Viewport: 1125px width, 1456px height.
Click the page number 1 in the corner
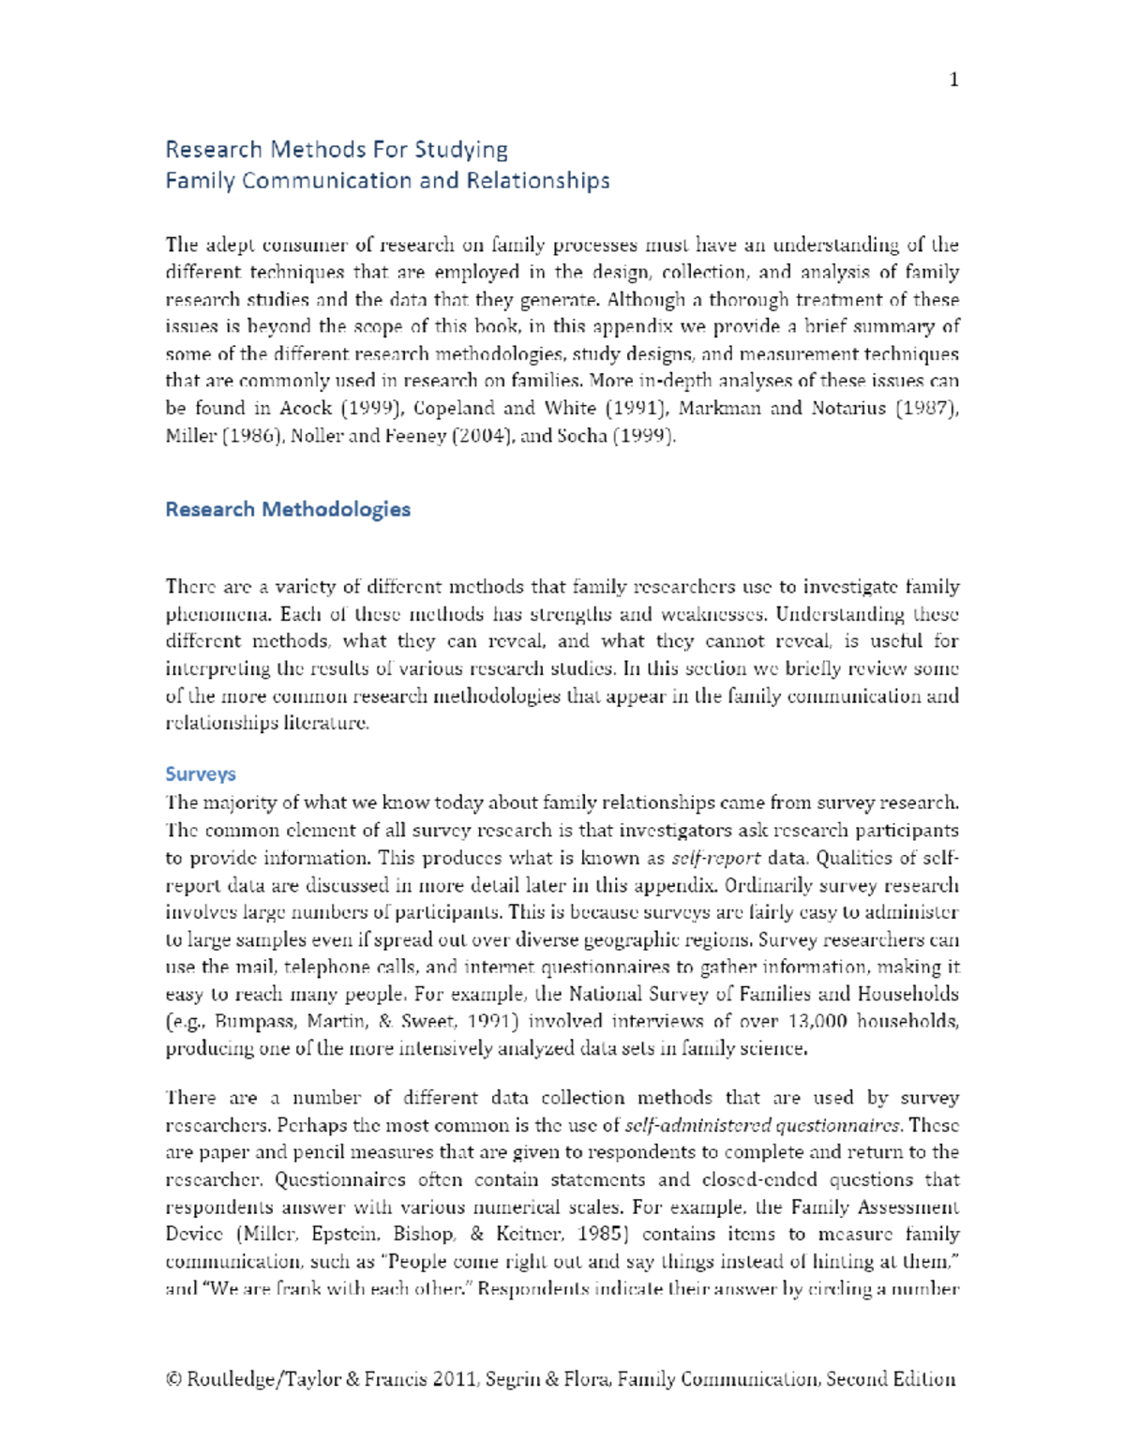coord(953,80)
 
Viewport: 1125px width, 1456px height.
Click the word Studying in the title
coord(461,150)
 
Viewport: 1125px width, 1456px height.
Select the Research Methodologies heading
coord(288,509)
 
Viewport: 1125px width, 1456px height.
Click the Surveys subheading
coord(200,773)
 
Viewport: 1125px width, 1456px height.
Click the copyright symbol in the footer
coord(172,1379)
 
